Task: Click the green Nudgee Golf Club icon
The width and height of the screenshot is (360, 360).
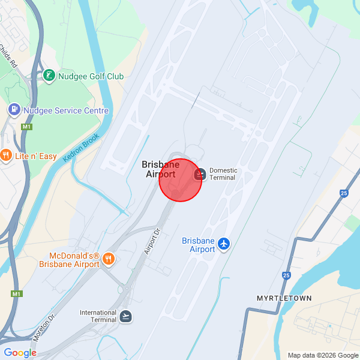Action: click(x=49, y=76)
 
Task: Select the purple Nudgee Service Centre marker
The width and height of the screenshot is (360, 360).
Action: click(x=13, y=110)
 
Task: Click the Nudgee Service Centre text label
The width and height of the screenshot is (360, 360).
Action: click(x=65, y=110)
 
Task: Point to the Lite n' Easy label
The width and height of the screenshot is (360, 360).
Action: click(x=36, y=157)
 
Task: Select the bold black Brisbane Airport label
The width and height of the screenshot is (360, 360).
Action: click(x=161, y=169)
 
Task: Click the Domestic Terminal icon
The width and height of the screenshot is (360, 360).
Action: click(x=201, y=174)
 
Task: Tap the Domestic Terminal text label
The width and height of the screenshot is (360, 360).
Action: click(x=223, y=174)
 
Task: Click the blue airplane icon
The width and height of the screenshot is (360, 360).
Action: click(x=224, y=243)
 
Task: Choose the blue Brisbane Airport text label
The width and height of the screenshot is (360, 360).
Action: click(x=198, y=245)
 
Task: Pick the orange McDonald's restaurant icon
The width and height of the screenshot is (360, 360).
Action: click(x=109, y=259)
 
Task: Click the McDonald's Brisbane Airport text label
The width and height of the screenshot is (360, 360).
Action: click(x=70, y=259)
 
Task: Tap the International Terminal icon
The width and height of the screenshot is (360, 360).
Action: click(x=125, y=316)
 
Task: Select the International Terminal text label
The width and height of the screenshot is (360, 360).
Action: click(x=98, y=316)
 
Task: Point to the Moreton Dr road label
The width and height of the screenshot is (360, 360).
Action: click(x=44, y=326)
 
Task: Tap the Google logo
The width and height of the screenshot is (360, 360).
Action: click(x=20, y=353)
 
